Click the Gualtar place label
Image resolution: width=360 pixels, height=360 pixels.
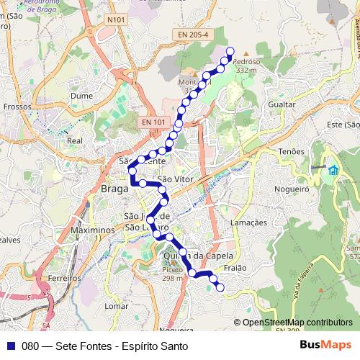tap(281, 104)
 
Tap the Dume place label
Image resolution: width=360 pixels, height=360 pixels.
tap(82, 95)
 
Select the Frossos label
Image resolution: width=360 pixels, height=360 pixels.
tap(17, 106)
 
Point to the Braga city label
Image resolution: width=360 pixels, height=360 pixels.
tap(114, 189)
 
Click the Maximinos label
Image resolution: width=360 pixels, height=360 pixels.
tap(94, 230)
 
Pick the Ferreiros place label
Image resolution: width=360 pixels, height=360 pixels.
tap(65, 277)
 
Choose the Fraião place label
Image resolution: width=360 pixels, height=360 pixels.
tap(235, 267)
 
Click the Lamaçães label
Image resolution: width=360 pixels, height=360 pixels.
tap(248, 223)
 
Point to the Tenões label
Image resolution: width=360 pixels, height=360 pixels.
tap(292, 151)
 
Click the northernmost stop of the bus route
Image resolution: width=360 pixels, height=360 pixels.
tap(230, 50)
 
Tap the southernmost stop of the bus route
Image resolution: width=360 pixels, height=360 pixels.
tap(220, 288)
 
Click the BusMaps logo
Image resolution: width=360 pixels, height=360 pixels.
tap(325, 345)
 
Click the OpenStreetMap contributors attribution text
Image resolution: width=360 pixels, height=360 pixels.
tap(297, 323)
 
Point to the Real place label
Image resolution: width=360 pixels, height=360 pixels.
tap(75, 141)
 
